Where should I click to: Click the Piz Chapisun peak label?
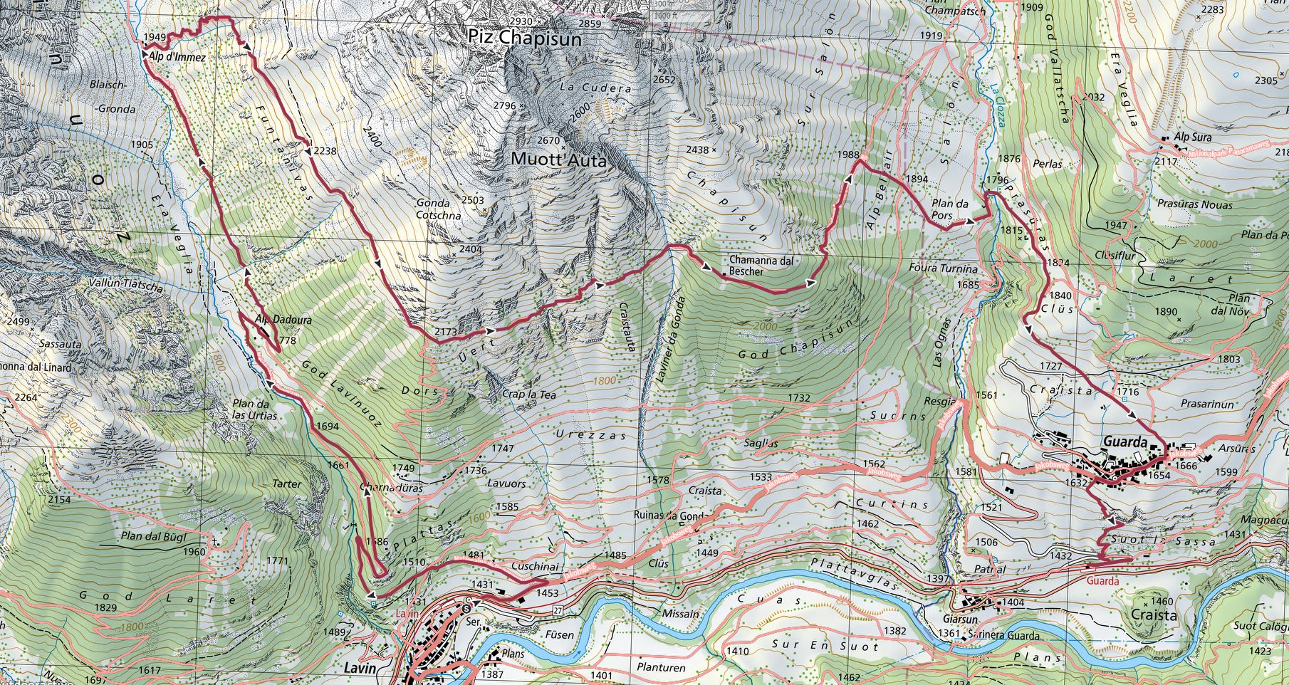(x=525, y=38)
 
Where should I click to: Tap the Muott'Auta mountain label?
(x=559, y=161)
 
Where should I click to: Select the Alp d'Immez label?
(x=178, y=58)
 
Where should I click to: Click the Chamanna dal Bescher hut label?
(x=761, y=266)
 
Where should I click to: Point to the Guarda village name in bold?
(x=1124, y=442)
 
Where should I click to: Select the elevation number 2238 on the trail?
(x=324, y=151)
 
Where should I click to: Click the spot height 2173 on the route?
(x=446, y=333)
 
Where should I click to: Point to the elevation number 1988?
(x=849, y=155)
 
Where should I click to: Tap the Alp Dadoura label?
(x=283, y=320)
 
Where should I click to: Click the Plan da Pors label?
(x=951, y=209)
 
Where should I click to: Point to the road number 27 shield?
(x=557, y=610)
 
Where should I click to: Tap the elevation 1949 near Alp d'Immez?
(x=154, y=37)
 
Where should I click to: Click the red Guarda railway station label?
(x=1103, y=580)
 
